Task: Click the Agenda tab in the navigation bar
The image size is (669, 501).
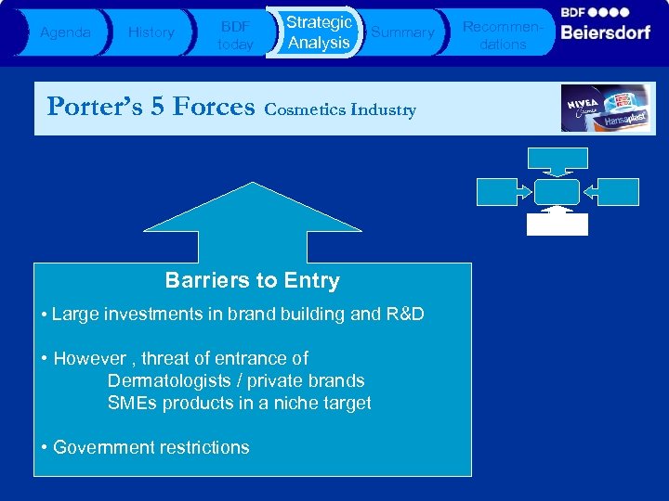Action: [65, 32]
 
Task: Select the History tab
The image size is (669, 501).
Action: [151, 32]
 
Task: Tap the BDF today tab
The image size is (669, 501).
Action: [234, 33]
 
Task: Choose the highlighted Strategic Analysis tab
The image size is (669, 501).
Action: [318, 32]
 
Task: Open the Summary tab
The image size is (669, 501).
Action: [402, 32]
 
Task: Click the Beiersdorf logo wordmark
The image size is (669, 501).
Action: [606, 32]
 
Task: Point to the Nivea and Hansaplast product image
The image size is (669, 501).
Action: [607, 109]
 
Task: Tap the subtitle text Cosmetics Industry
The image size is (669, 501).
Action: [340, 109]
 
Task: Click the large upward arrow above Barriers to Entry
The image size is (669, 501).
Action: [253, 223]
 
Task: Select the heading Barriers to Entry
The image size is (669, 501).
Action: [253, 280]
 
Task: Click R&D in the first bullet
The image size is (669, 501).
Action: [402, 314]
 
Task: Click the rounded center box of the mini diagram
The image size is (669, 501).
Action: [557, 191]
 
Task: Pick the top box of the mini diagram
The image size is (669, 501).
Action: [557, 158]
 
